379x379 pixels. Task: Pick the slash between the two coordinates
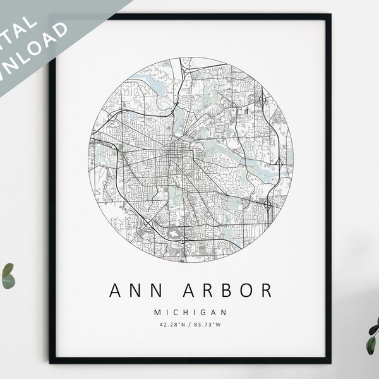190,325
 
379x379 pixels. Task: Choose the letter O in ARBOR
246,291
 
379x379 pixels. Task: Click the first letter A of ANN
116,291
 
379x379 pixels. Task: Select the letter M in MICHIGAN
156,312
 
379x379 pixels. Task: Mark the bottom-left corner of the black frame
51,362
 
